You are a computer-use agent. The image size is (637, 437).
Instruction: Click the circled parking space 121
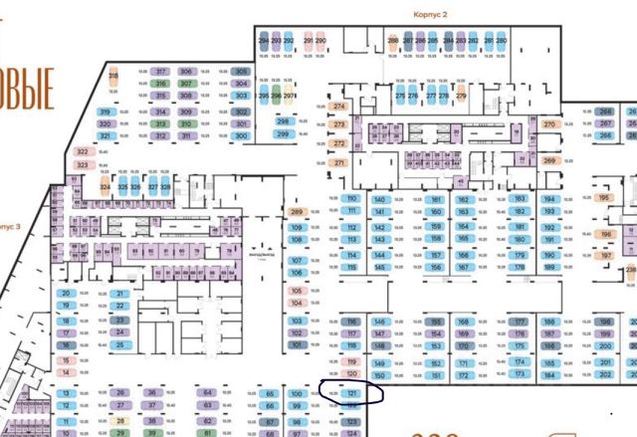point(352,394)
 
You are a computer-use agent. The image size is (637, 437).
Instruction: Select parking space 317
point(161,72)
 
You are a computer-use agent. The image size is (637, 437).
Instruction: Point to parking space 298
point(283,121)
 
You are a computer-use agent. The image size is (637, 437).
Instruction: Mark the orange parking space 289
point(296,212)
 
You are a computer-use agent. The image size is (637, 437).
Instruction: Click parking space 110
point(351,198)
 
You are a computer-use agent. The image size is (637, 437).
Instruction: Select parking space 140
point(379,199)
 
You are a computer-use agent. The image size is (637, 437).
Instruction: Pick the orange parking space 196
point(606,235)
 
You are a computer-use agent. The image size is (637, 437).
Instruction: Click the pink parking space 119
point(351,361)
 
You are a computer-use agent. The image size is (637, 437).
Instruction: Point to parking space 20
point(67,294)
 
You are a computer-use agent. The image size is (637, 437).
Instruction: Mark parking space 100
point(296,394)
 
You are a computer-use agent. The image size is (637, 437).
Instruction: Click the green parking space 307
point(185,85)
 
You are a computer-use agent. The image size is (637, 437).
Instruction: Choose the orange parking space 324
point(104,186)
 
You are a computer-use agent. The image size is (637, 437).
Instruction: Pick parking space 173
point(521,375)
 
